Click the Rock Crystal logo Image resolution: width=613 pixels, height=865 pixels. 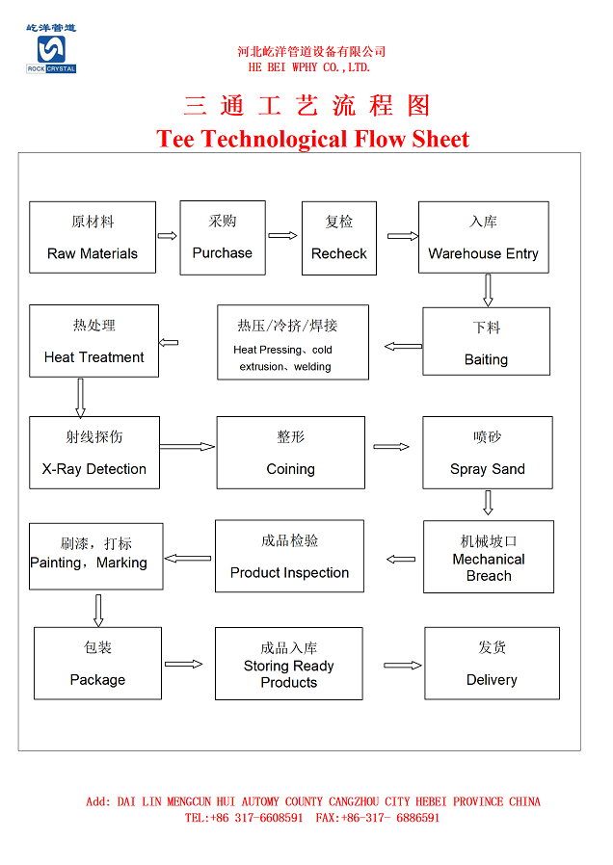point(50,49)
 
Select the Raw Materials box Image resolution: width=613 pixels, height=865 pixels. point(93,237)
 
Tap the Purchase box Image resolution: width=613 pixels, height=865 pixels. point(223,237)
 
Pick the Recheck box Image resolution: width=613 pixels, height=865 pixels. point(339,238)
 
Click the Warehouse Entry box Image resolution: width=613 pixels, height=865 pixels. point(483,237)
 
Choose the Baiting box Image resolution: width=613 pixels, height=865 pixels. point(486,341)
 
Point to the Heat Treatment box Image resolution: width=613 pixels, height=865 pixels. point(93,341)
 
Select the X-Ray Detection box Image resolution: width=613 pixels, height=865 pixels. point(93,452)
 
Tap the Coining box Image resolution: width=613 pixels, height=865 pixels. point(290,452)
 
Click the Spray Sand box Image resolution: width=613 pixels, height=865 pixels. point(487,452)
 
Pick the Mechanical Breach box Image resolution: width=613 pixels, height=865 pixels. point(488,557)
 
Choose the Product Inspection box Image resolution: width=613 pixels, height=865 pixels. point(289,556)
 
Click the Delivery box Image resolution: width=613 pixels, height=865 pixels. point(492,663)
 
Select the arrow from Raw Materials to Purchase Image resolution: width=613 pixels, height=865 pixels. point(168,235)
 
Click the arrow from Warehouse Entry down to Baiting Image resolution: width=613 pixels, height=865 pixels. point(488,290)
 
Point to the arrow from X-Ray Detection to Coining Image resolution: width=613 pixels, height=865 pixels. point(188,446)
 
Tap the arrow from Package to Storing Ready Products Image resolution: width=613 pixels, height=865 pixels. point(184,664)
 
